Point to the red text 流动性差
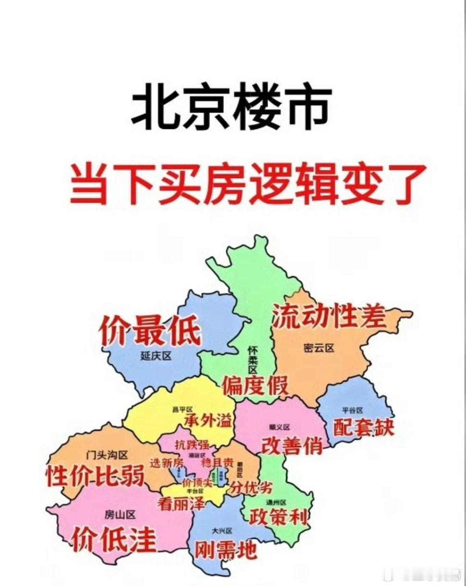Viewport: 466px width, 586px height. [x=329, y=316]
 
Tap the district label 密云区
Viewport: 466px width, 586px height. [x=319, y=348]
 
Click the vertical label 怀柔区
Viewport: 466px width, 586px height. [x=253, y=359]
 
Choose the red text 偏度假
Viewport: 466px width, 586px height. [x=255, y=385]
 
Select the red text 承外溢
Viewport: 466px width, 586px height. [x=208, y=421]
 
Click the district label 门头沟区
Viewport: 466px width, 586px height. [x=107, y=454]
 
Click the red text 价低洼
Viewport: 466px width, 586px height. [x=114, y=540]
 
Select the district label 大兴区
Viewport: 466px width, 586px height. [x=221, y=531]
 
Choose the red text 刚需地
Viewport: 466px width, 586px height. [x=226, y=550]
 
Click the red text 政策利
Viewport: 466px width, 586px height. [x=279, y=518]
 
